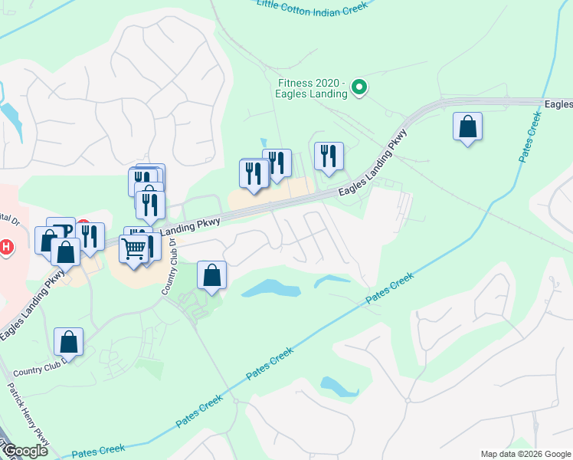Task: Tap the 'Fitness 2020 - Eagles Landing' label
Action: coord(313,88)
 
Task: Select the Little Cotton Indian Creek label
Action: coord(313,5)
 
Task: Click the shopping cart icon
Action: coord(133,249)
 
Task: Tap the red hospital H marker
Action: coord(8,248)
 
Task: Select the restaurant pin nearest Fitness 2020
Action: coord(329,156)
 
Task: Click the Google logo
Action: coord(25,451)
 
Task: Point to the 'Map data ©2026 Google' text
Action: coord(526,454)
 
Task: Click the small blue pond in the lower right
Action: coord(339,386)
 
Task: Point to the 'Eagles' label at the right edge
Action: coord(558,103)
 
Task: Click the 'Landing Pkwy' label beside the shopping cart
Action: coord(191,225)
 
